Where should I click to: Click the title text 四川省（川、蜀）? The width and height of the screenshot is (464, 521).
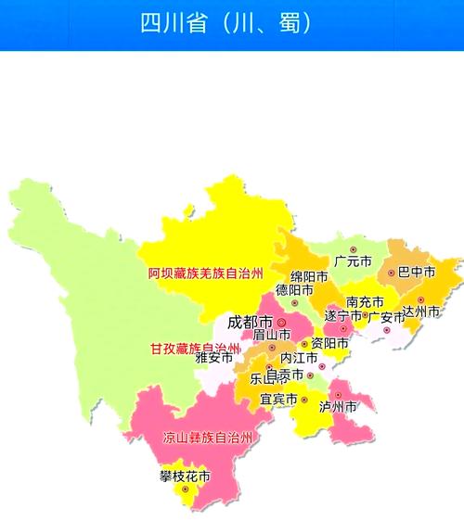coord(226,23)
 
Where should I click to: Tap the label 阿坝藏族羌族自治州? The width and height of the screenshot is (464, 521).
coord(206,273)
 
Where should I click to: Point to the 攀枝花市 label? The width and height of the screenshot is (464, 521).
coord(184,477)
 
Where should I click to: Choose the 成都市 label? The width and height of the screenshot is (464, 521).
coord(250,324)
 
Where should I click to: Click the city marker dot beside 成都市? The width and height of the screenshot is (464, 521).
coord(281,324)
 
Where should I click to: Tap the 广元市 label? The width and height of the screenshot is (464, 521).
coord(353,262)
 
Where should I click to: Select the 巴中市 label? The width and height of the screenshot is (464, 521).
coord(417,273)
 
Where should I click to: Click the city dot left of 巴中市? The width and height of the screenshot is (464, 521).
coord(392,273)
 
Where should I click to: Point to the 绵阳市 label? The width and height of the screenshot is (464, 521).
coord(309,276)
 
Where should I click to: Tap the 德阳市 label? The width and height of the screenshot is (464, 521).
coord(294,290)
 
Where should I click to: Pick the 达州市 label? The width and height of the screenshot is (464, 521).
coord(420,311)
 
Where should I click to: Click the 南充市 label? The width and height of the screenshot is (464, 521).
coord(365,301)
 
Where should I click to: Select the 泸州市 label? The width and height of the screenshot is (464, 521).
coord(338,406)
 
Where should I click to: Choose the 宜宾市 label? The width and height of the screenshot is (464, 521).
coord(278,400)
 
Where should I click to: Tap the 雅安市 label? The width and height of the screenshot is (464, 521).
coord(214,357)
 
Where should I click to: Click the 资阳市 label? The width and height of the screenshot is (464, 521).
coord(329,343)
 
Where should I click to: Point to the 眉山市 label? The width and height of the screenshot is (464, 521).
coord(272,335)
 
